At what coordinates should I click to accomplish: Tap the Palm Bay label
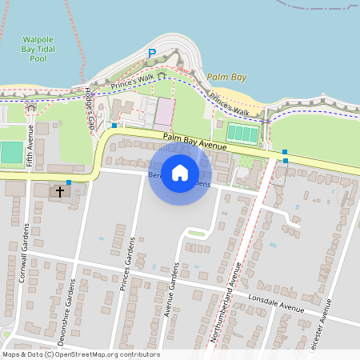tap(226, 78)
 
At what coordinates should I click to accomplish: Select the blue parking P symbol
tap(151, 54)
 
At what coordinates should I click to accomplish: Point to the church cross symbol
tap(59, 192)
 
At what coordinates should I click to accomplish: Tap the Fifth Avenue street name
tap(30, 146)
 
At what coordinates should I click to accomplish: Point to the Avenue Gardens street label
tap(170, 290)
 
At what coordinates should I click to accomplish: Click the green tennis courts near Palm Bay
tap(242, 134)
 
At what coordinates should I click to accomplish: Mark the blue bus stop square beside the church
tap(69, 183)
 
